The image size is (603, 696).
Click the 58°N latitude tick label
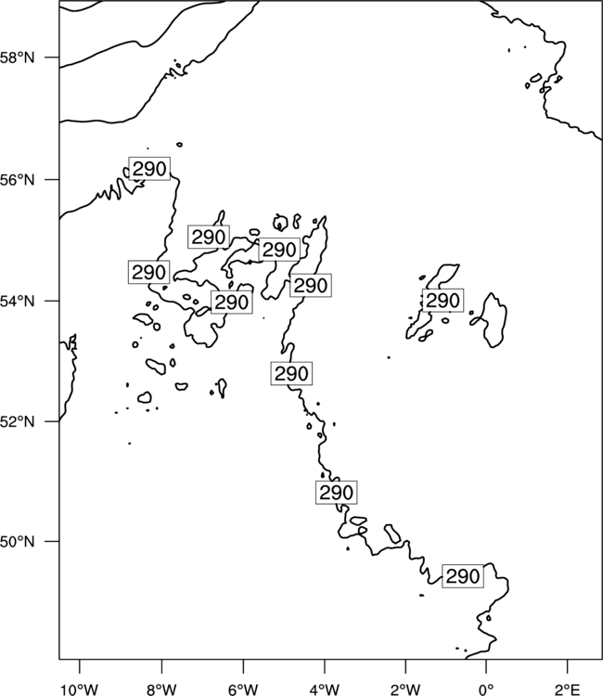pyautogui.click(x=18, y=58)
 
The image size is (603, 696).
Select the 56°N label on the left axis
pyautogui.click(x=18, y=180)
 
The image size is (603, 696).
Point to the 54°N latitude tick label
pyautogui.click(x=18, y=302)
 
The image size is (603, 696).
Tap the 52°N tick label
pyautogui.click(x=18, y=421)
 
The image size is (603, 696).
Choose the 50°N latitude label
pyautogui.click(x=18, y=542)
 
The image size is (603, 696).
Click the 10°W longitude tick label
pyautogui.click(x=80, y=690)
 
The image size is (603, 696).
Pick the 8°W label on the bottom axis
pyautogui.click(x=161, y=690)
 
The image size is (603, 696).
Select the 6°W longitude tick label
pyautogui.click(x=243, y=690)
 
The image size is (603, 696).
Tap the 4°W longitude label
pyautogui.click(x=325, y=690)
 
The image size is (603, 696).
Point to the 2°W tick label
pyautogui.click(x=405, y=690)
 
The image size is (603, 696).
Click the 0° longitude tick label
pyautogui.click(x=486, y=690)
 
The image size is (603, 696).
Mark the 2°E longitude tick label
pyautogui.click(x=568, y=690)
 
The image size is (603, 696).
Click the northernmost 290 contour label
pyautogui.click(x=149, y=169)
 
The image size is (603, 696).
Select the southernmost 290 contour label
pyautogui.click(x=463, y=576)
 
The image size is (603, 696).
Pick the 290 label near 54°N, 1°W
pyautogui.click(x=443, y=301)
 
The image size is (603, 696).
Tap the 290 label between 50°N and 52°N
pyautogui.click(x=337, y=492)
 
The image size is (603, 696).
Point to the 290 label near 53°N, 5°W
pyautogui.click(x=291, y=373)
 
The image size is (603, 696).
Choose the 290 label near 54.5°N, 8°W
pyautogui.click(x=149, y=272)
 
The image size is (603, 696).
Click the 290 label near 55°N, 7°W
pyautogui.click(x=209, y=237)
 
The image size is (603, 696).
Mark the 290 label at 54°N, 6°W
pyautogui.click(x=232, y=303)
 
